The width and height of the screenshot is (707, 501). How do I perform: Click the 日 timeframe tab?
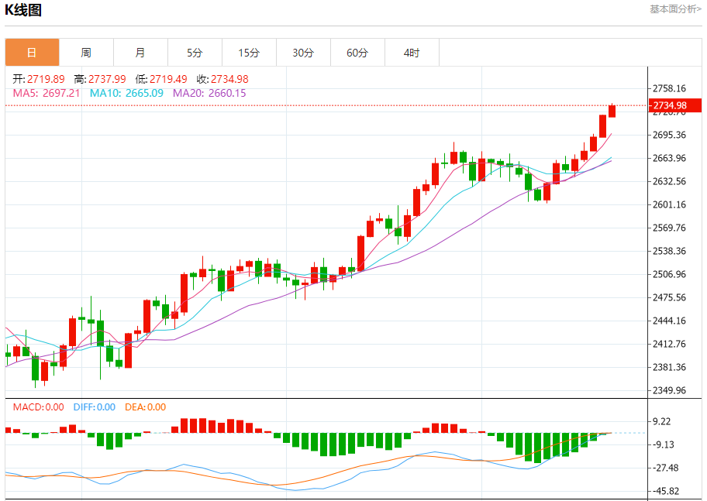pyautogui.click(x=32, y=53)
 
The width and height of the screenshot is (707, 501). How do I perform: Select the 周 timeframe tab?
pyautogui.click(x=86, y=53)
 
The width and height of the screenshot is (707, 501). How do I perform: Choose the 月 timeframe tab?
pyautogui.click(x=140, y=53)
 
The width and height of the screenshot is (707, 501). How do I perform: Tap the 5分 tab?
pyautogui.click(x=195, y=53)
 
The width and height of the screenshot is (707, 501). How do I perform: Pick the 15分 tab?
pyautogui.click(x=249, y=53)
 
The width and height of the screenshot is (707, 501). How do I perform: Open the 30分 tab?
pyautogui.click(x=303, y=53)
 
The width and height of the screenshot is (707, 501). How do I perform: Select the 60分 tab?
pyautogui.click(x=357, y=53)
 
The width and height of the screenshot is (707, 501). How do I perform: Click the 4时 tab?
pyautogui.click(x=412, y=53)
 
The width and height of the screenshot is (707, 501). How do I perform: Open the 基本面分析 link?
pyautogui.click(x=675, y=9)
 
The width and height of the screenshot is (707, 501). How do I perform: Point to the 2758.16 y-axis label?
pyautogui.click(x=670, y=88)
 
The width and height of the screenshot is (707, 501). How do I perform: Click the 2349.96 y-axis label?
pyautogui.click(x=670, y=390)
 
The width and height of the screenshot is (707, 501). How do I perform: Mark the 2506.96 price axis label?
pyautogui.click(x=670, y=274)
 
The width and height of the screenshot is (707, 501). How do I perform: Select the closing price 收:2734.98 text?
pyautogui.click(x=222, y=79)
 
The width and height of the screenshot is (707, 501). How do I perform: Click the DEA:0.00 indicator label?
pyautogui.click(x=145, y=407)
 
